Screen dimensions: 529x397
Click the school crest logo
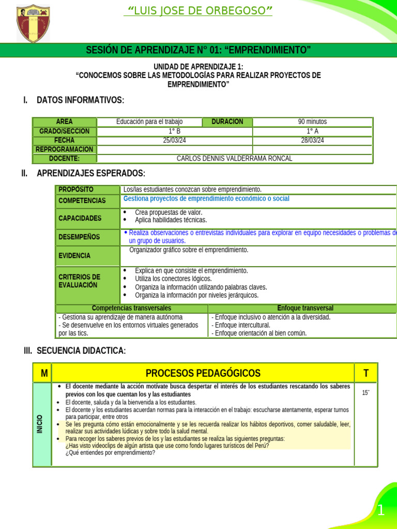click(x=33, y=24)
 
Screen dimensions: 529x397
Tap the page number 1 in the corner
click(x=380, y=511)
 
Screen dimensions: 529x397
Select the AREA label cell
click(x=65, y=122)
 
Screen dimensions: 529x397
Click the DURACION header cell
click(x=227, y=122)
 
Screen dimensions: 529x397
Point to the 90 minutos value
click(x=312, y=122)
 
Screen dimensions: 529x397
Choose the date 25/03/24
click(x=175, y=141)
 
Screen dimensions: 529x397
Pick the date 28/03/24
click(x=312, y=141)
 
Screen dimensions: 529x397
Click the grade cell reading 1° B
click(x=175, y=131)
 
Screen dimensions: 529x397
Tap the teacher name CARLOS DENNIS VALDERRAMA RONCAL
click(x=234, y=159)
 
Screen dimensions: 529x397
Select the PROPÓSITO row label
click(x=76, y=190)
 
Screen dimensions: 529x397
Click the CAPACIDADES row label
click(x=80, y=218)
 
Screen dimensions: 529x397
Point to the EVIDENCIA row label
click(x=74, y=256)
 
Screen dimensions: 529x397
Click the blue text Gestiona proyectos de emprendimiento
click(x=206, y=199)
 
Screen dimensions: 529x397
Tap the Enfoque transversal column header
click(x=305, y=308)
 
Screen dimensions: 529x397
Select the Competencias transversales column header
click(x=131, y=308)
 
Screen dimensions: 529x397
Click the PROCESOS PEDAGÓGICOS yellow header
click(x=203, y=373)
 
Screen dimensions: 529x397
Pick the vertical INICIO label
click(x=40, y=424)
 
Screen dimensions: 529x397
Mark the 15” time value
click(x=366, y=393)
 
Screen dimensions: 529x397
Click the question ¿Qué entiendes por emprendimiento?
click(x=110, y=453)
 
